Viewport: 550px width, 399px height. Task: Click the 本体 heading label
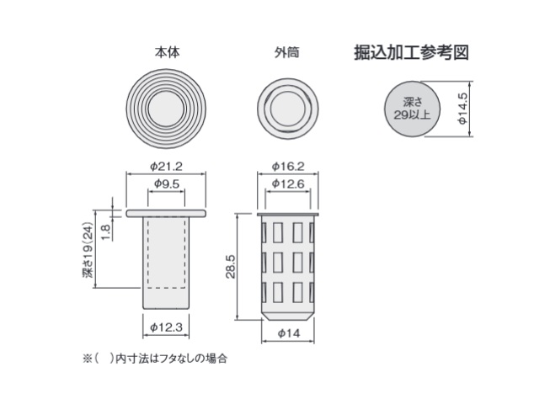pyautogui.click(x=168, y=52)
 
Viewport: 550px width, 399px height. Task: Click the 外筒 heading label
pyautogui.click(x=287, y=52)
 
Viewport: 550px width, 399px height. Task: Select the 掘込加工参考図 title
pyautogui.click(x=412, y=52)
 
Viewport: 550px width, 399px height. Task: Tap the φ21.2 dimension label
pyautogui.click(x=166, y=166)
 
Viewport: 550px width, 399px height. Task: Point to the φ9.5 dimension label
pyautogui.click(x=167, y=184)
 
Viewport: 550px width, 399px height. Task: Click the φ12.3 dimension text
pyautogui.click(x=166, y=327)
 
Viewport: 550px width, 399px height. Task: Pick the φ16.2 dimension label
pyautogui.click(x=288, y=166)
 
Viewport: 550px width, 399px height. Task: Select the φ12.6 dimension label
pyautogui.click(x=288, y=184)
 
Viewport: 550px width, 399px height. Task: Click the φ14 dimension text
pyautogui.click(x=289, y=333)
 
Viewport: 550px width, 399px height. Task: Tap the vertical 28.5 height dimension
pyautogui.click(x=231, y=267)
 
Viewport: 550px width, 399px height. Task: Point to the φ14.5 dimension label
pyautogui.click(x=463, y=109)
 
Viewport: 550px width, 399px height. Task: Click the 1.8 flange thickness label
pyautogui.click(x=106, y=231)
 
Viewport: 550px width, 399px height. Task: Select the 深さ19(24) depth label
pyautogui.click(x=88, y=250)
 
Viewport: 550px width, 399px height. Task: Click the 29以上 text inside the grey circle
pyautogui.click(x=412, y=114)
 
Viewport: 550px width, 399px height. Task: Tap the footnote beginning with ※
pyautogui.click(x=155, y=359)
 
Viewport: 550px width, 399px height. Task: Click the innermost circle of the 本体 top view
pyautogui.click(x=166, y=109)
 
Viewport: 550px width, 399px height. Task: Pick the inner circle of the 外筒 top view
pyautogui.click(x=288, y=109)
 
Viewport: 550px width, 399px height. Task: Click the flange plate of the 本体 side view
pyautogui.click(x=166, y=213)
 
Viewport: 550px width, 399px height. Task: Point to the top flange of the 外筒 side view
pyautogui.click(x=287, y=214)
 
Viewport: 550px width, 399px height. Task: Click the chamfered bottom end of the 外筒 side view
pyautogui.click(x=287, y=316)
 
